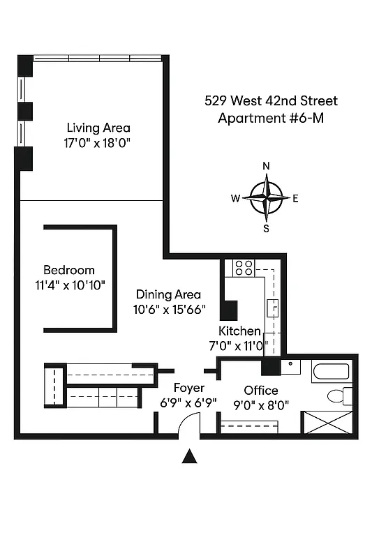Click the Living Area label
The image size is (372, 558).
[98, 128]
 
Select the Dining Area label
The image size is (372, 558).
[168, 294]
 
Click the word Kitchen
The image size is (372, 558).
[239, 331]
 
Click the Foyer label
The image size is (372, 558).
[188, 388]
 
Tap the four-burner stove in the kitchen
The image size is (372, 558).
[243, 267]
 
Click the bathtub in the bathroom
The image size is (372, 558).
[333, 370]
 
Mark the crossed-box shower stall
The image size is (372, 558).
[327, 423]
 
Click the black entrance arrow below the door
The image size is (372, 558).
[188, 457]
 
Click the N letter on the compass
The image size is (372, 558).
[265, 166]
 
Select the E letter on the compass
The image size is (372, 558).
[295, 198]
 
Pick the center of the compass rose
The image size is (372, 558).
[266, 197]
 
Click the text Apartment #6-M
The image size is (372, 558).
[271, 118]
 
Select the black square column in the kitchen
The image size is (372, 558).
[228, 310]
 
